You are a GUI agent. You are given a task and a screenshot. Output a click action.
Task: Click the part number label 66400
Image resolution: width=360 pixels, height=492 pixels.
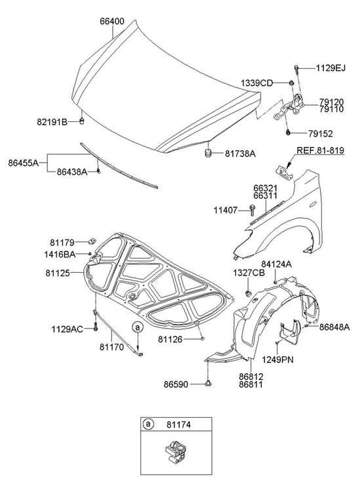[x=112, y=22]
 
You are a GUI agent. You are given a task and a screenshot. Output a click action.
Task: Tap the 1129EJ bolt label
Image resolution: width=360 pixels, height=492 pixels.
[x=330, y=68]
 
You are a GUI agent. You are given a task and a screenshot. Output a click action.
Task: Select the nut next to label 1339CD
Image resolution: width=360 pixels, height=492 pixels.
[x=291, y=83]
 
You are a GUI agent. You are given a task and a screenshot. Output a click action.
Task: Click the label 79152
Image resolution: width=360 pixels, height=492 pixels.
[x=320, y=134]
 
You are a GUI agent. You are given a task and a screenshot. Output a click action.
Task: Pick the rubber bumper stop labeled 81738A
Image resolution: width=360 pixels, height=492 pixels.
[x=208, y=154]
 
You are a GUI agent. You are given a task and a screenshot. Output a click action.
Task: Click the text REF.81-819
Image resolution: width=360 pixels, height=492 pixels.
[x=320, y=151]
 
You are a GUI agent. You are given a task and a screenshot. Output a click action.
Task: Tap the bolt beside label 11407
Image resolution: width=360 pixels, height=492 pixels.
[x=252, y=210]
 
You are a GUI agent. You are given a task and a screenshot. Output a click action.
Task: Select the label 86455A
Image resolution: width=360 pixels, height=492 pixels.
[x=24, y=163]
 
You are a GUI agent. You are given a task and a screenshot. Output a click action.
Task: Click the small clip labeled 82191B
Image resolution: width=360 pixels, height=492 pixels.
[x=81, y=121]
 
